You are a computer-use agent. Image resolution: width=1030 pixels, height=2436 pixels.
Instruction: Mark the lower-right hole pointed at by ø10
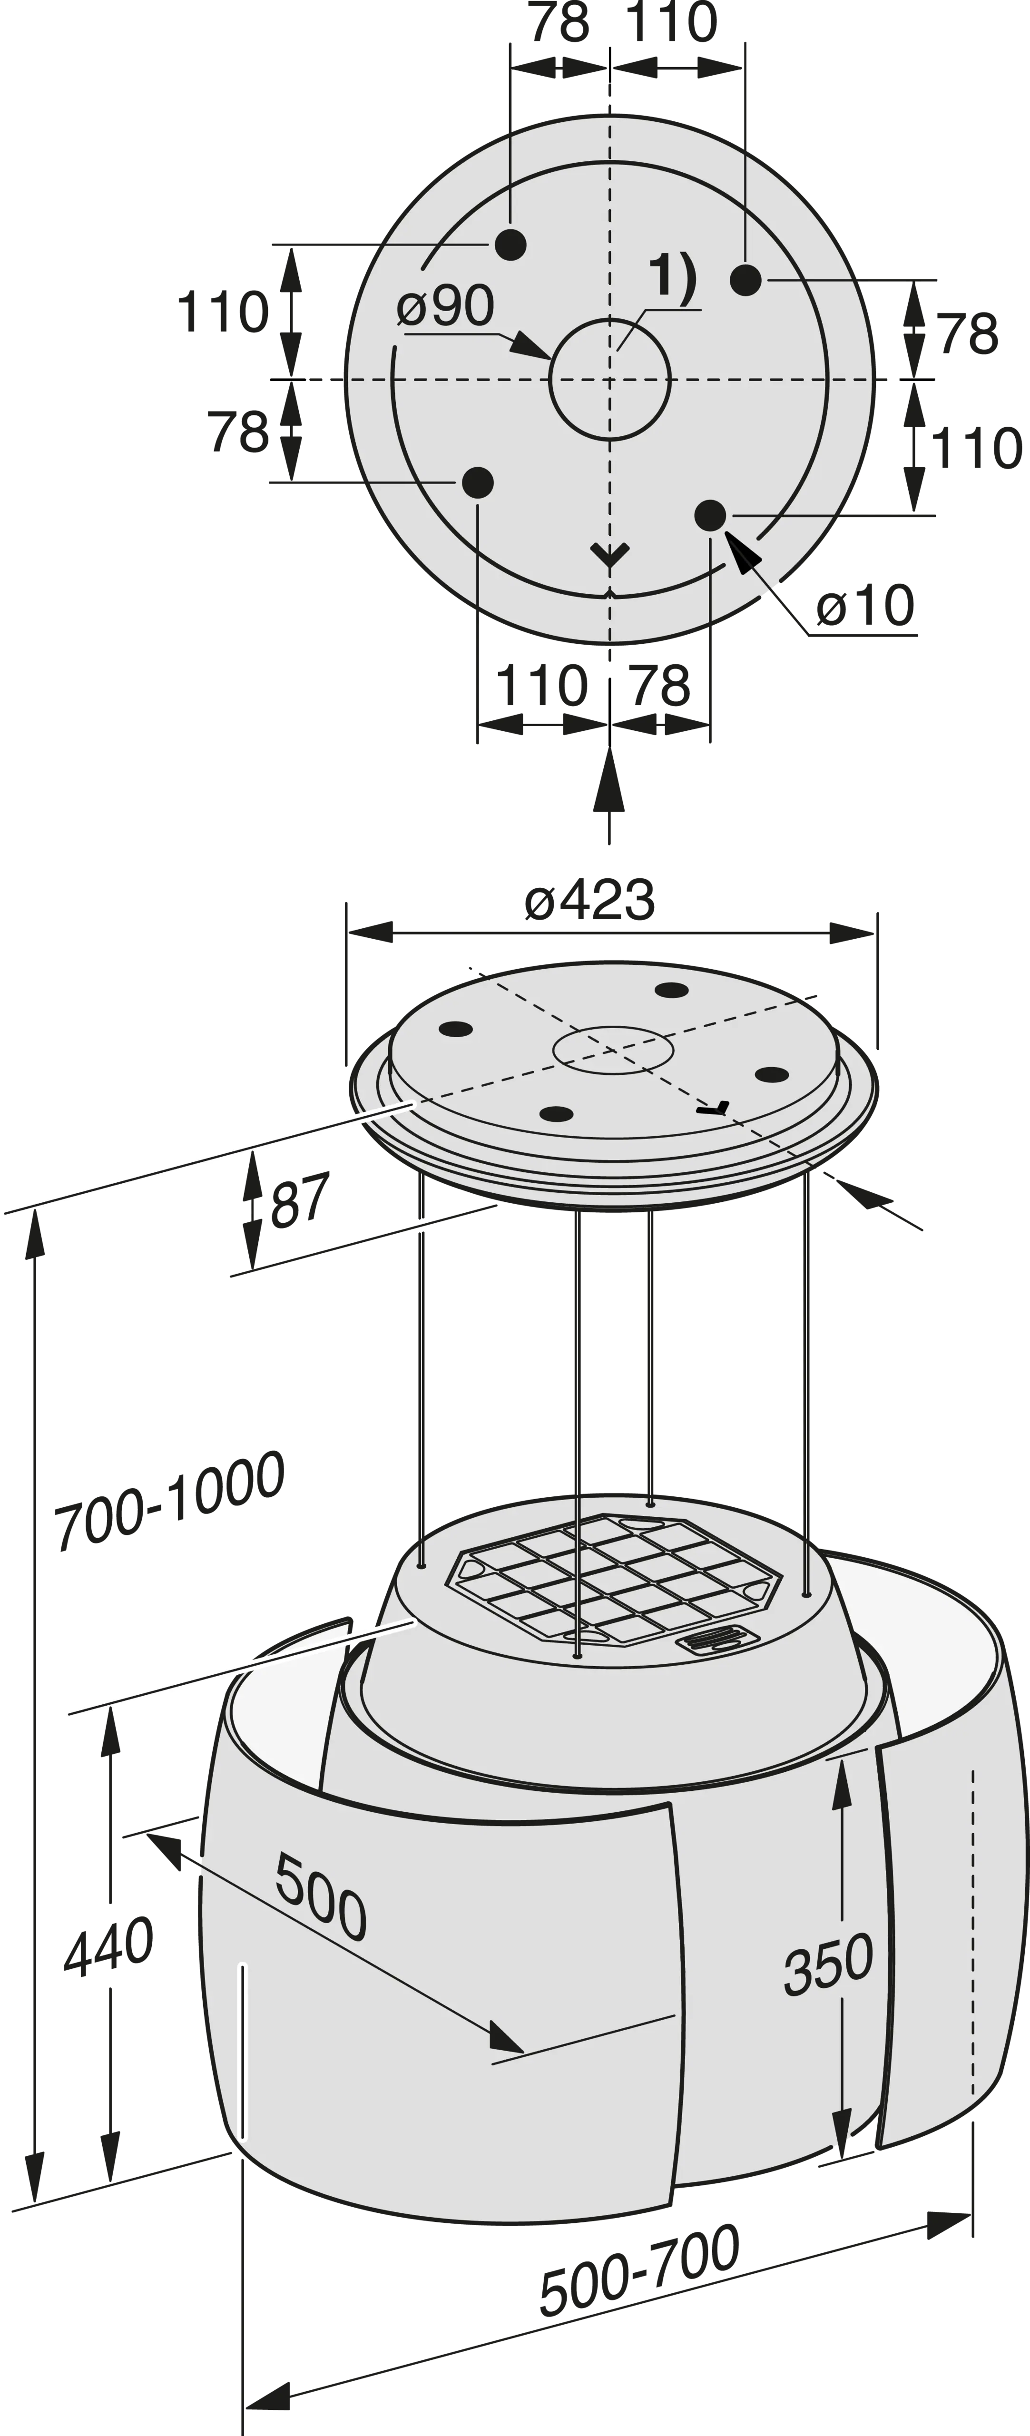(x=710, y=515)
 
